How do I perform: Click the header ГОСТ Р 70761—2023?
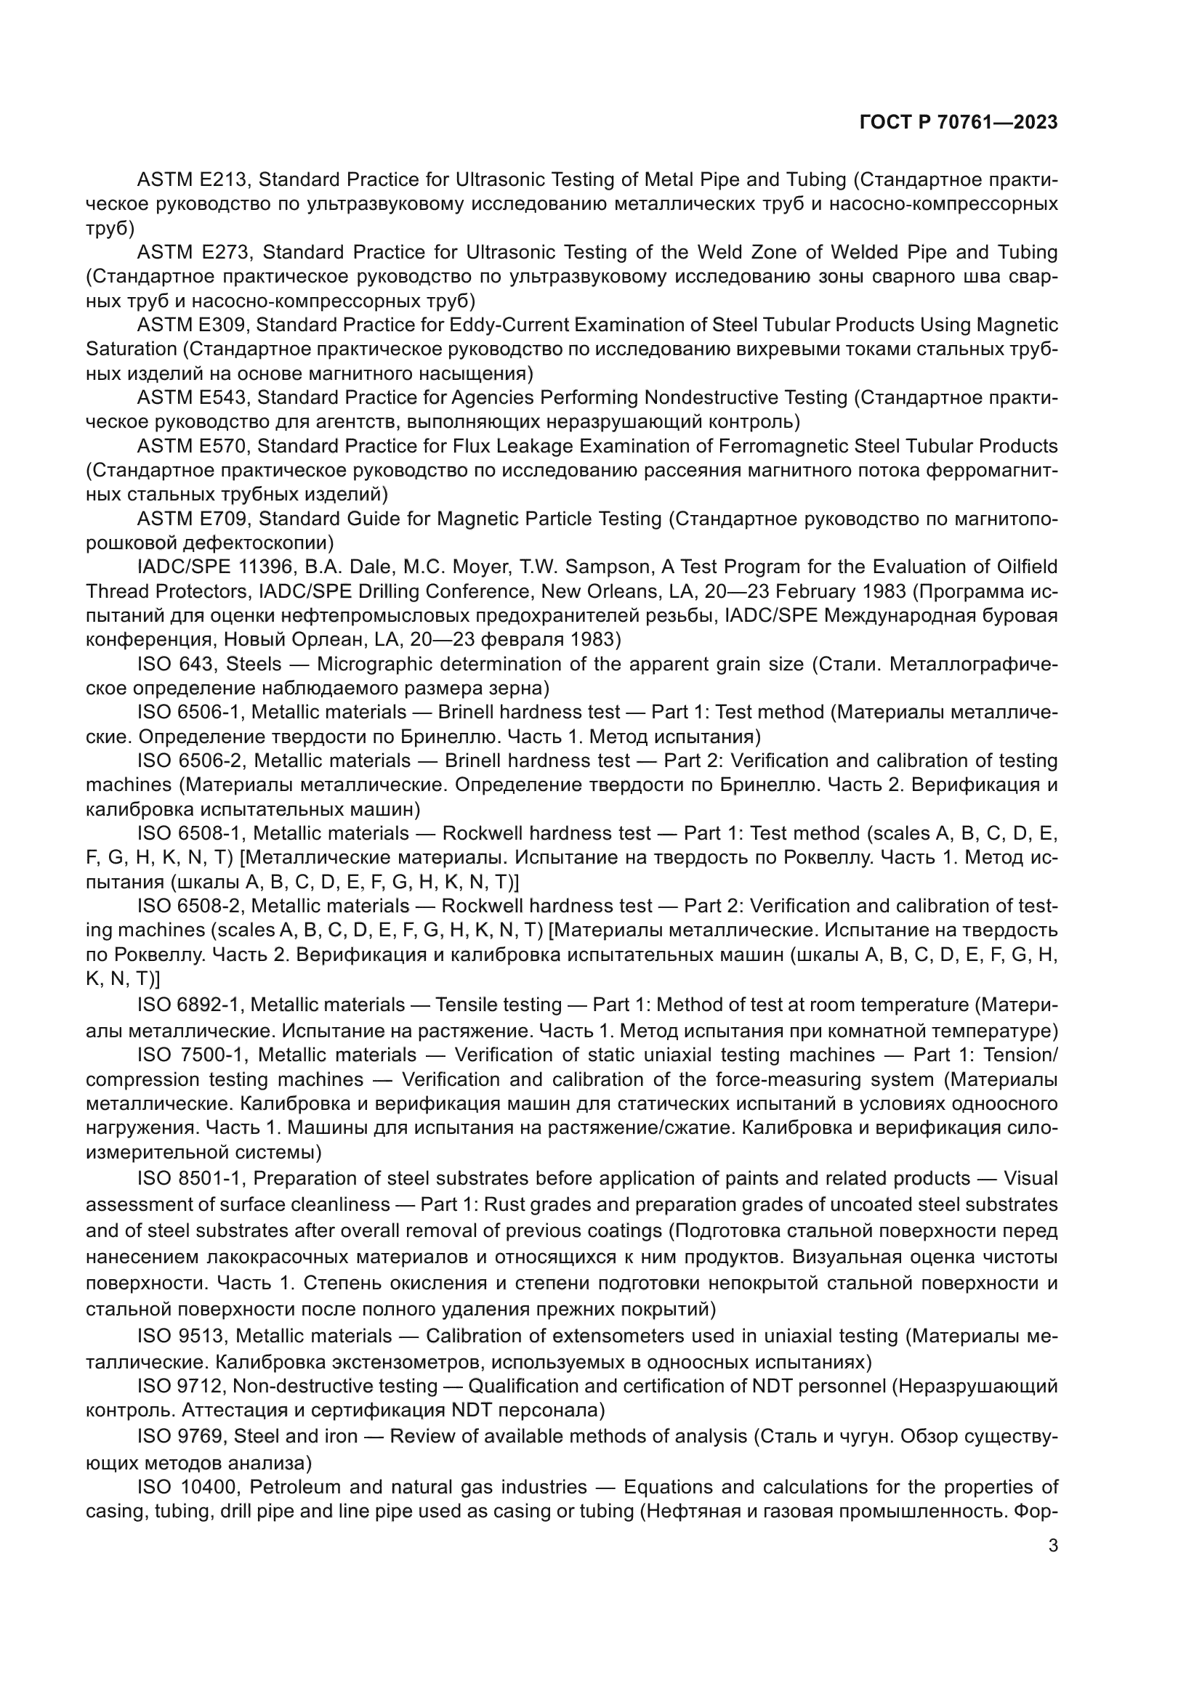959,123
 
